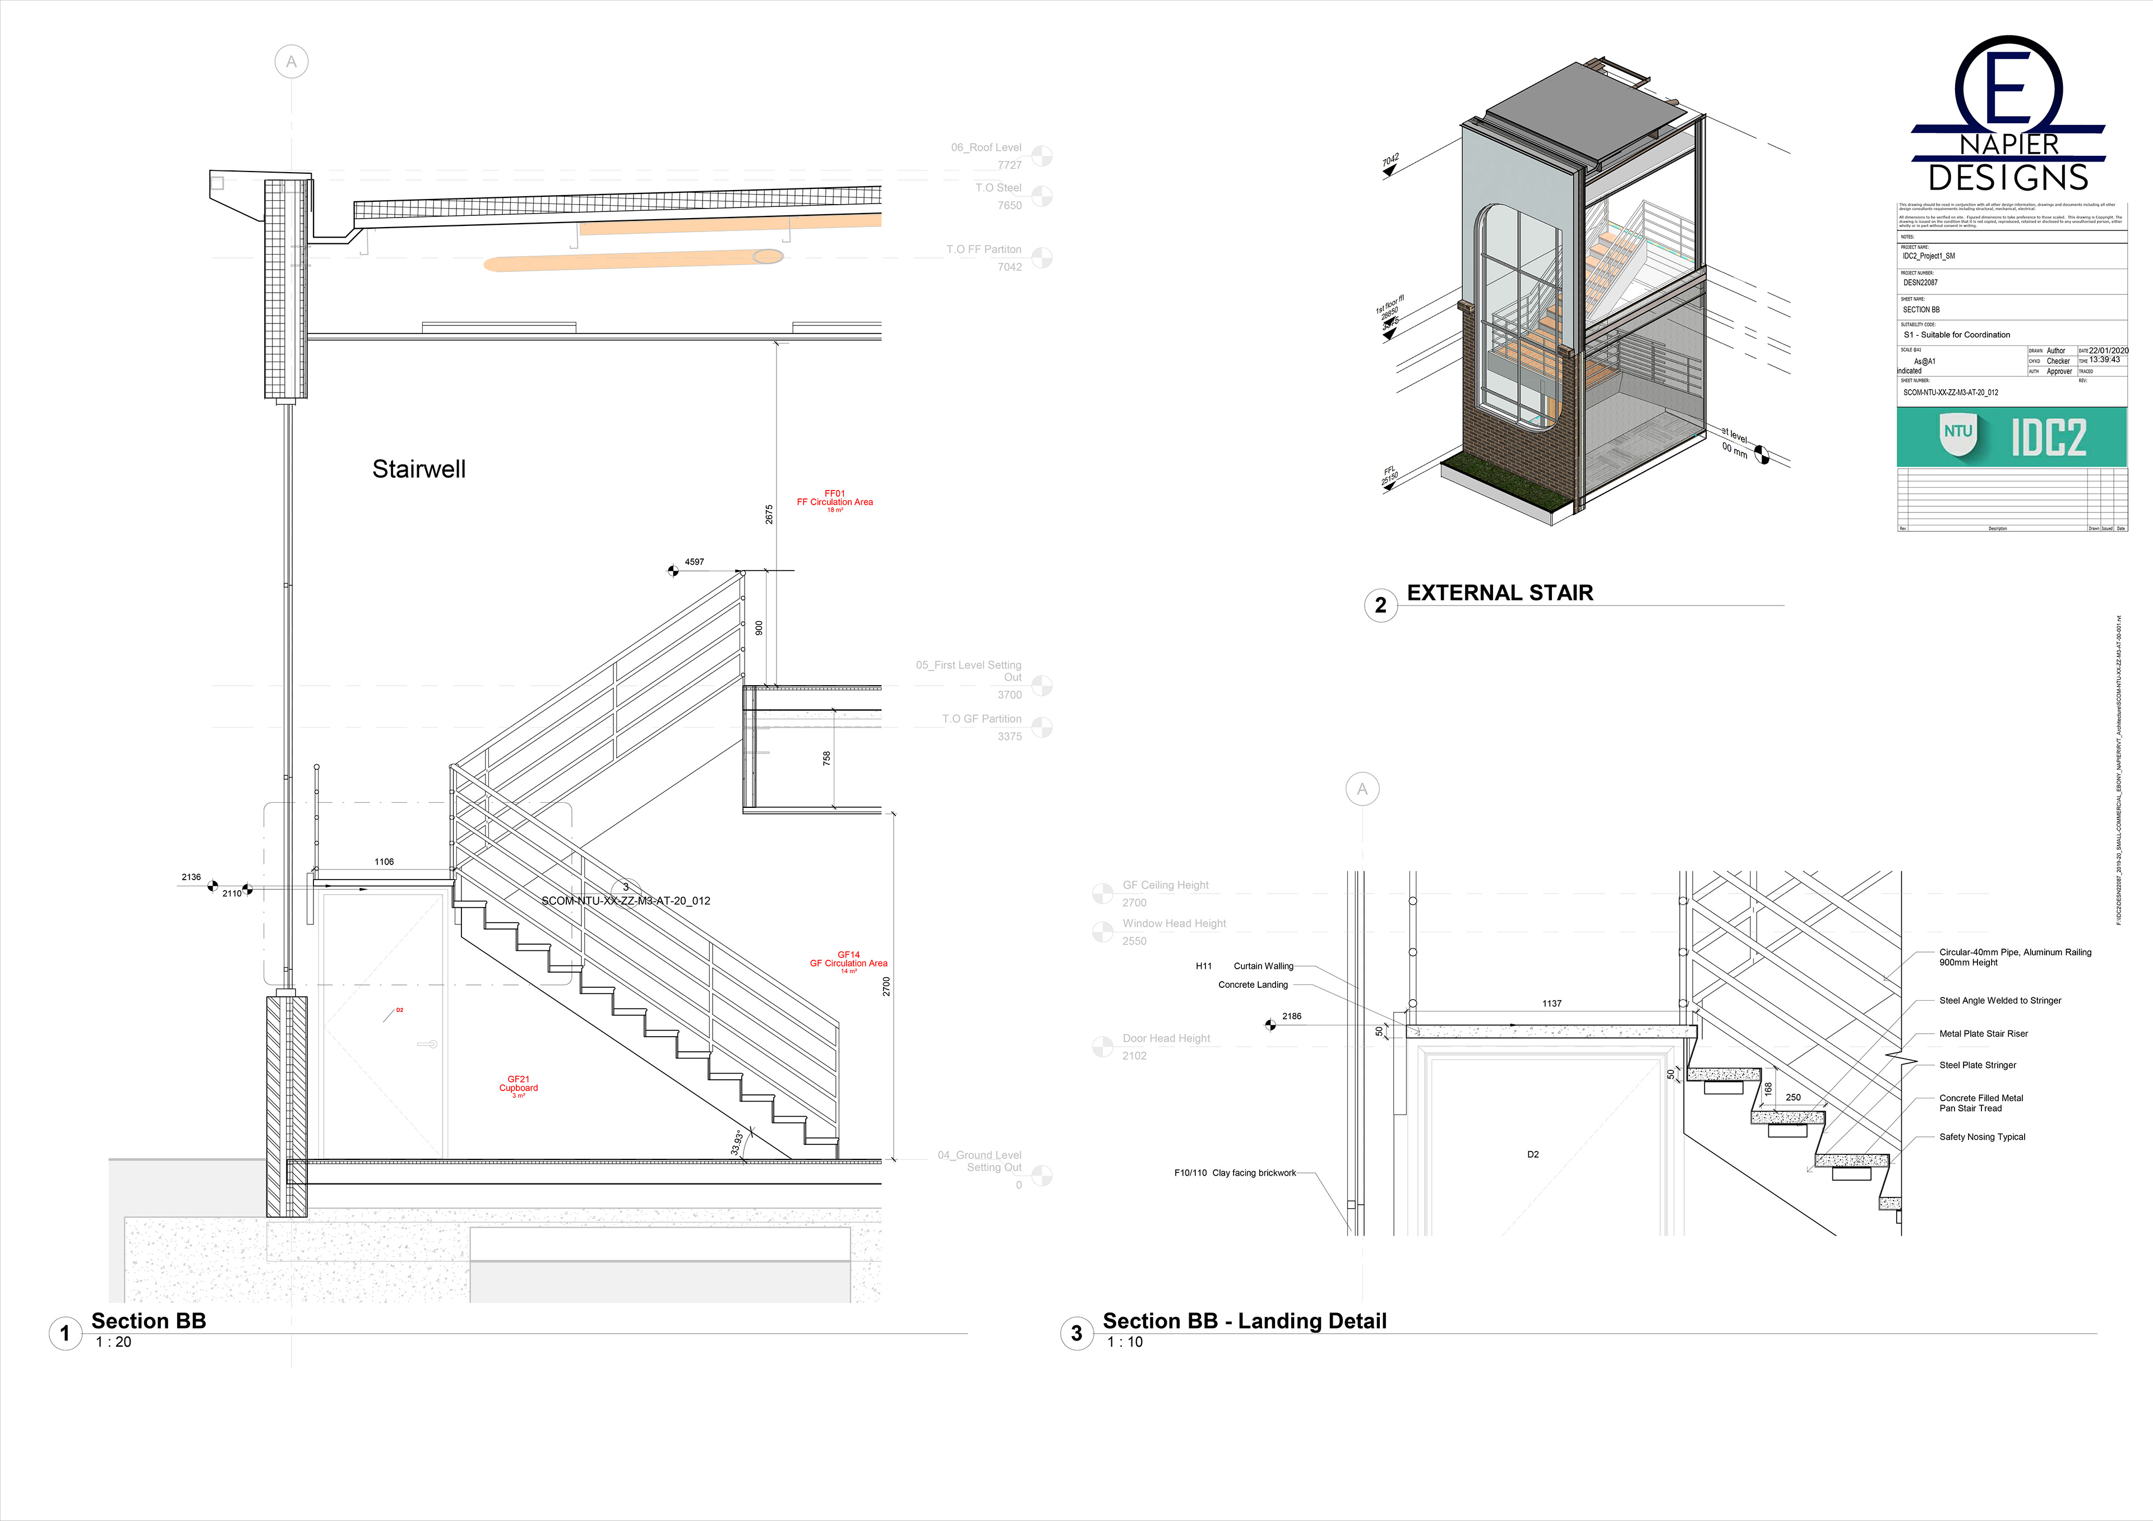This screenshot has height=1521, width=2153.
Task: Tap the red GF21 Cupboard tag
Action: pos(519,1085)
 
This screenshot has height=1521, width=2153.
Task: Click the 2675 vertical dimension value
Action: pos(769,514)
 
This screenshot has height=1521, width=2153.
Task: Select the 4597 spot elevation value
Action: pos(694,562)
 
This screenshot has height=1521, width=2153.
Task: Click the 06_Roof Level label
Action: pos(986,147)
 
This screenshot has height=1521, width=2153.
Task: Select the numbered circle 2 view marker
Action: pos(1380,605)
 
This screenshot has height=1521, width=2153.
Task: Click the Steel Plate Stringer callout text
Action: pos(1977,1065)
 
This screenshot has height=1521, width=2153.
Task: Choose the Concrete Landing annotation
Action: pos(1253,984)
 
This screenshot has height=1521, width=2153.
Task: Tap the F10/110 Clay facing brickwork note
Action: pos(1235,1173)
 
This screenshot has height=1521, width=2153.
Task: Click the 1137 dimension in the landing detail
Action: pos(1552,1004)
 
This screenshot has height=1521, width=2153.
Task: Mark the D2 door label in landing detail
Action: pos(1532,1154)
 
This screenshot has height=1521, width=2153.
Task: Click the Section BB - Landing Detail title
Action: pos(1244,1321)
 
